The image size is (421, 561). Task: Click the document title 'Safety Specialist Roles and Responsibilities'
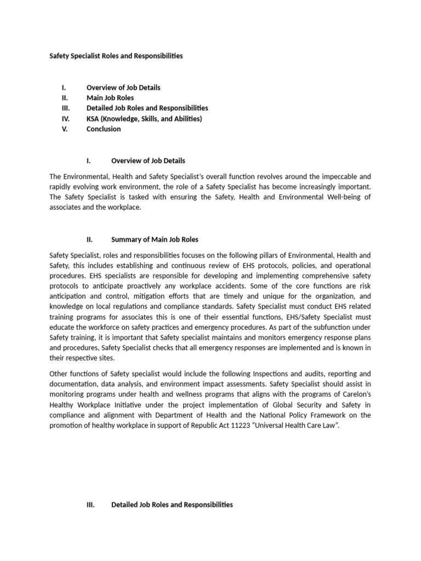pyautogui.click(x=116, y=56)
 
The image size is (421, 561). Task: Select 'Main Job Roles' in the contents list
pyautogui.click(x=110, y=98)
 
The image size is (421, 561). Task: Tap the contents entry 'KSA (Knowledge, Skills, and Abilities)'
pyautogui.click(x=144, y=118)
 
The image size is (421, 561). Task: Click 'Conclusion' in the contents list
pyautogui.click(x=104, y=129)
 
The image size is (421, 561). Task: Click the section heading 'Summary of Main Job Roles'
pyautogui.click(x=155, y=239)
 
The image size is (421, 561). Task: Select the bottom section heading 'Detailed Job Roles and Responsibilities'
pyautogui.click(x=172, y=505)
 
